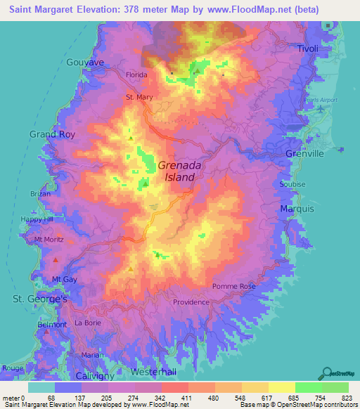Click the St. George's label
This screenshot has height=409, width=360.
(x=40, y=299)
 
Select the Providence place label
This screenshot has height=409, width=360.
(x=191, y=302)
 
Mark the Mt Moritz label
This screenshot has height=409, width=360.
(x=49, y=240)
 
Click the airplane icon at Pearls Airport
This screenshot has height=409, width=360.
(x=321, y=108)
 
